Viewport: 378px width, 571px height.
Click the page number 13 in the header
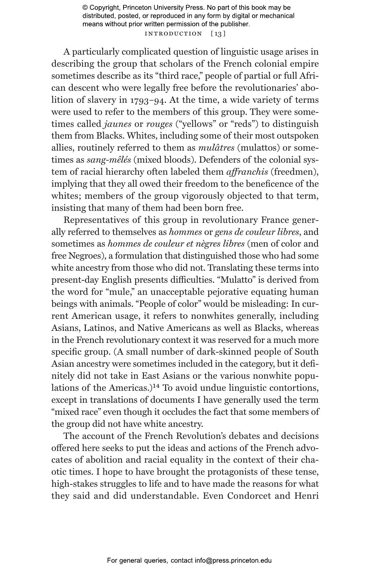point(218,34)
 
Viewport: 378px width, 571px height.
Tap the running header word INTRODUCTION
point(173,34)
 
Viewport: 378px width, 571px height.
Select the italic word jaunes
point(118,124)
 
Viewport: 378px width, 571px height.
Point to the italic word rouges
point(159,124)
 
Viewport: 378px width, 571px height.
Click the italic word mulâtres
point(216,148)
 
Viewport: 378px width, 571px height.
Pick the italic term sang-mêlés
point(109,160)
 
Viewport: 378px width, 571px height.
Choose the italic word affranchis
point(247,172)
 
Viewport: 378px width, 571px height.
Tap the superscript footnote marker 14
point(156,386)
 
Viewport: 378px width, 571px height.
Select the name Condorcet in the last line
point(259,496)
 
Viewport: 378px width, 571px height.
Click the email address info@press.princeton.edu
point(233,561)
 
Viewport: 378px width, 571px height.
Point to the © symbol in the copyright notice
point(85,8)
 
